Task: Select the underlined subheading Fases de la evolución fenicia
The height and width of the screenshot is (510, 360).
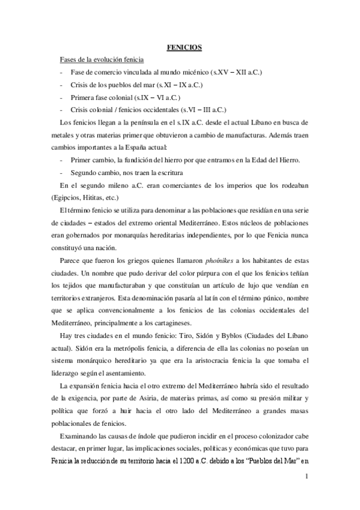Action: [101, 60]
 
